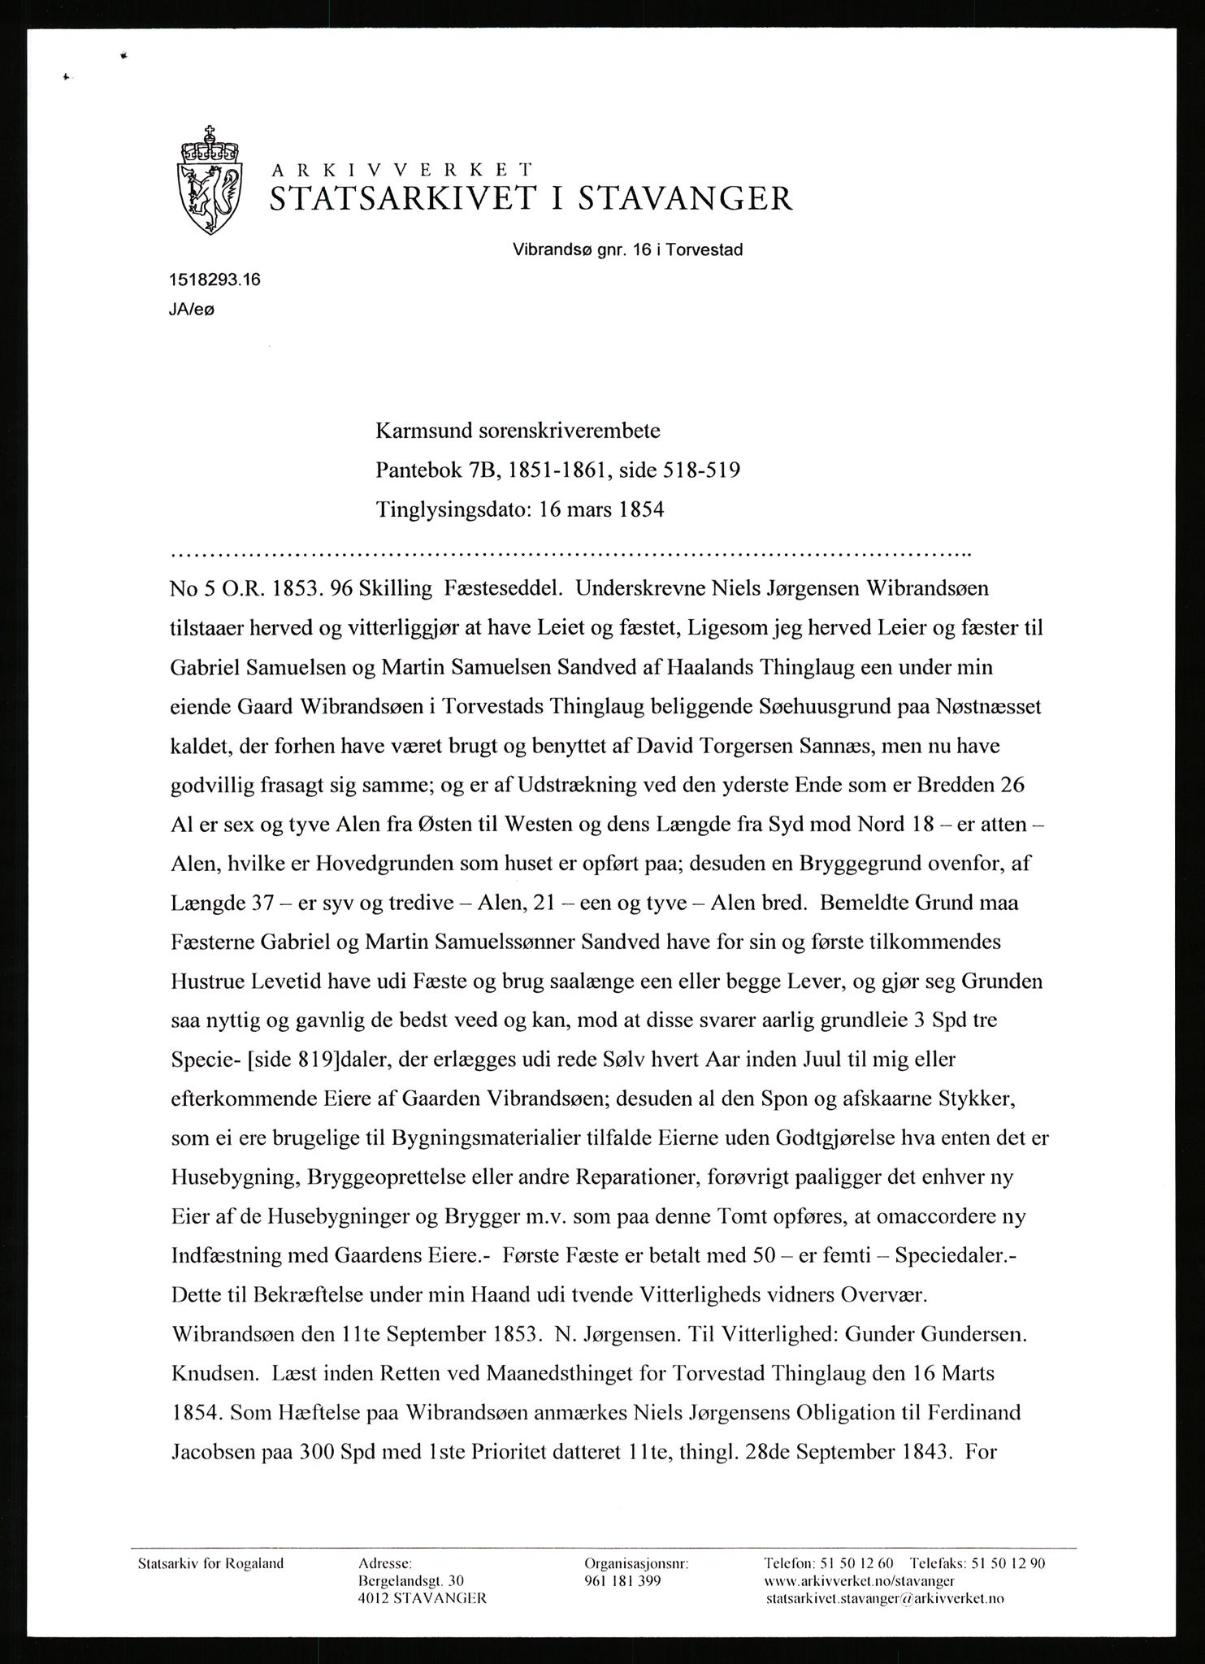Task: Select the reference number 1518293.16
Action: pyautogui.click(x=215, y=280)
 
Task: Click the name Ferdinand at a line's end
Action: pyautogui.click(x=969, y=1414)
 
